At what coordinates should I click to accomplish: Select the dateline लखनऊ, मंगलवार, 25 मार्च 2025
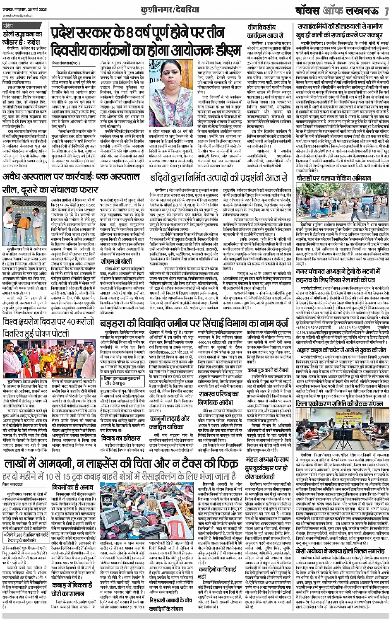pos(26,8)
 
